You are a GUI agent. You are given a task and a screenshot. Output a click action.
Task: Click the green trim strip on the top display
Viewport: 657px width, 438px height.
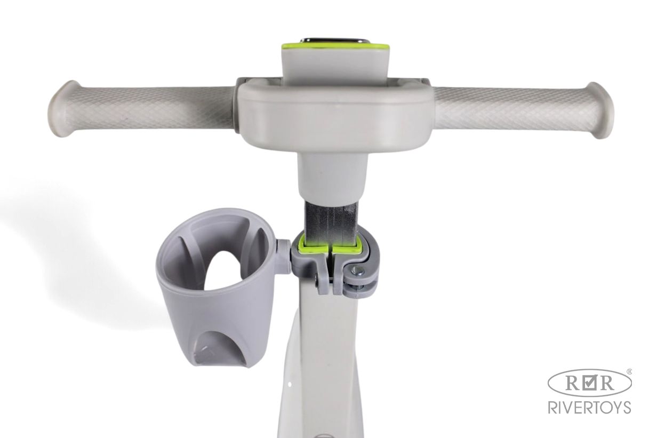(335, 47)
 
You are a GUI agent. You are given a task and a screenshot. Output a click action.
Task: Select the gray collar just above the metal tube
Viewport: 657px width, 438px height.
(333, 178)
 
